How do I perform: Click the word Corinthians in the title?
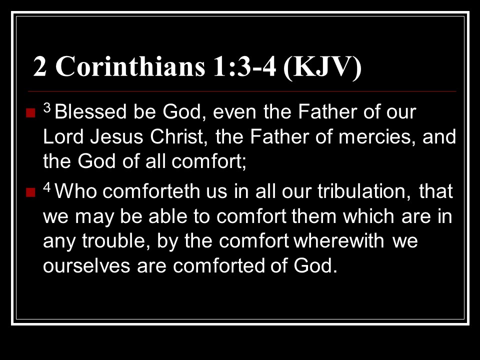coord(130,66)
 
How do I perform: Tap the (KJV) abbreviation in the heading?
coord(322,67)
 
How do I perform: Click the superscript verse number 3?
coord(47,108)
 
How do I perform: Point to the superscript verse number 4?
coord(47,187)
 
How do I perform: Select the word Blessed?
coord(90,111)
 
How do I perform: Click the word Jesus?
coord(116,136)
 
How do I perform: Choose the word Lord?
coord(63,136)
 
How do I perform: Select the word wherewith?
coord(339,240)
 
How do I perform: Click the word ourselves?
coord(86,265)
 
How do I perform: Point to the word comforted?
coord(218,265)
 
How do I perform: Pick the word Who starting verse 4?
coord(75,191)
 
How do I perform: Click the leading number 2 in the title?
coord(40,66)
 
